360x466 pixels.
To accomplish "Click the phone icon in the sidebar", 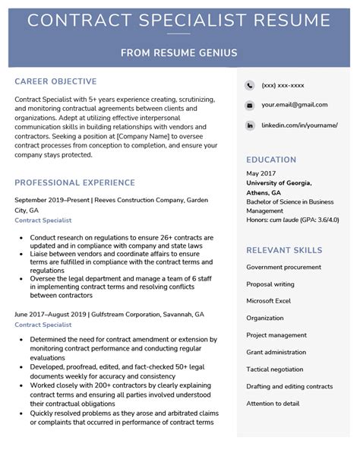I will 249,85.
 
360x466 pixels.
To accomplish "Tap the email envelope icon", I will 249,105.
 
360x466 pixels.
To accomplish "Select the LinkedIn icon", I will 249,125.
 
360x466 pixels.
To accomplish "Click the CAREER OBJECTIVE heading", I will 55,81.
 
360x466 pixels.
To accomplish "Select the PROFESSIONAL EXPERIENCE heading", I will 74,182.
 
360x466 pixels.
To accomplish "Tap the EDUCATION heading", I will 271,160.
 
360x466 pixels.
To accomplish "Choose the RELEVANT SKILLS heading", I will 284,250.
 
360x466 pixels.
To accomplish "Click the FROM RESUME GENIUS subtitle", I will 179,52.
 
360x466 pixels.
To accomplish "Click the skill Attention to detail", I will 273,404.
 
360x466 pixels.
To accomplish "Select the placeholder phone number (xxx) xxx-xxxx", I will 283,85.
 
